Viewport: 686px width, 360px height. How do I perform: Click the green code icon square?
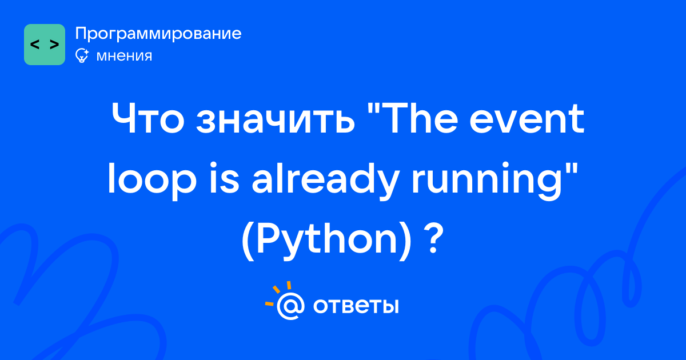coord(45,45)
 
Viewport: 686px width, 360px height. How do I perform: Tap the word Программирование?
coord(158,34)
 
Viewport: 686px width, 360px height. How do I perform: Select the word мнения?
coord(124,56)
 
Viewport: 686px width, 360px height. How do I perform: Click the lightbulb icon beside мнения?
coord(82,55)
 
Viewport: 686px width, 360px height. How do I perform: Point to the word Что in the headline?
coord(148,118)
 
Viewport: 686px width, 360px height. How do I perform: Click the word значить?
coord(276,119)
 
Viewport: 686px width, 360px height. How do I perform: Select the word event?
coord(527,119)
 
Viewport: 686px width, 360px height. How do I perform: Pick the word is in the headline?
coord(224,179)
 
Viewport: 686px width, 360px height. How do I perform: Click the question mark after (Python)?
coord(434,239)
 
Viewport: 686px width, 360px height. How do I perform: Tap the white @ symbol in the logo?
coord(290,306)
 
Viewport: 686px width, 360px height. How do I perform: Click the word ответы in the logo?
coord(356,306)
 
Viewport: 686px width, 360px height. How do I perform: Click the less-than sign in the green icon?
coord(35,45)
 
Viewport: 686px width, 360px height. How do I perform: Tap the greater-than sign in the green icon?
coord(54,45)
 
